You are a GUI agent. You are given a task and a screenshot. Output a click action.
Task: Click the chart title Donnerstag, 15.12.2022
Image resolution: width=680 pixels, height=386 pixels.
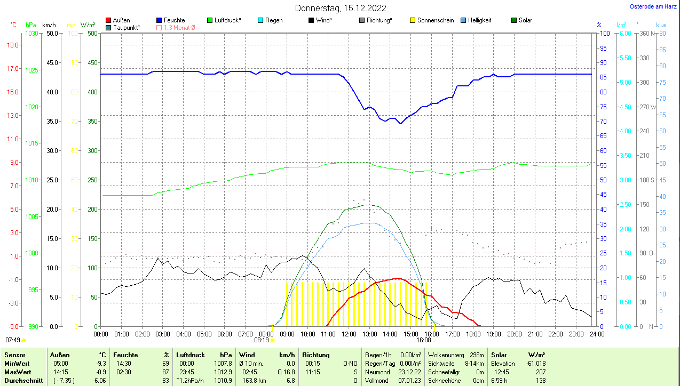click(x=341, y=8)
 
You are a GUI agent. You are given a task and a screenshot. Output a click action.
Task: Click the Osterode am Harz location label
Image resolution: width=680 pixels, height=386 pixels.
click(x=653, y=7)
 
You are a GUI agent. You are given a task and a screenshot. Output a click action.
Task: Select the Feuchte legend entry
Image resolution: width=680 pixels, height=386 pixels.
click(x=174, y=20)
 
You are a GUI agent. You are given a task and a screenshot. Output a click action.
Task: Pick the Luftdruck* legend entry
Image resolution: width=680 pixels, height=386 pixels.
click(x=227, y=20)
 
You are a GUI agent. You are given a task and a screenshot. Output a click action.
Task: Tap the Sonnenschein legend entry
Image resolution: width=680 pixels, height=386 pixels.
click(x=436, y=20)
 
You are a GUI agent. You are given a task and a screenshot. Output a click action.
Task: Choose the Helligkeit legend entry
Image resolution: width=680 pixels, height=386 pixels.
click(x=479, y=20)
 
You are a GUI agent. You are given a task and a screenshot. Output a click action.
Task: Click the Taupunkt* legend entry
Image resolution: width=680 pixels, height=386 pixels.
click(x=126, y=27)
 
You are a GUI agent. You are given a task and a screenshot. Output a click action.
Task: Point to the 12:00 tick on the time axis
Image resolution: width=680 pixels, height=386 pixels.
click(x=349, y=334)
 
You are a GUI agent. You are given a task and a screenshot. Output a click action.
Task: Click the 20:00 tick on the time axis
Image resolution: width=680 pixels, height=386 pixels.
click(x=515, y=334)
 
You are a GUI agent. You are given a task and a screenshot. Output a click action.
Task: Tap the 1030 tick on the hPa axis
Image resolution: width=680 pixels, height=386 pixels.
click(x=32, y=34)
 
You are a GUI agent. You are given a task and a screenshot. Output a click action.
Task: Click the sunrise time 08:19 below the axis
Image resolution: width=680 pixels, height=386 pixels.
click(x=262, y=340)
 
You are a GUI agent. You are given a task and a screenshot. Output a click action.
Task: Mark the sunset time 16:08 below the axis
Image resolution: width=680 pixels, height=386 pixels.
click(x=424, y=340)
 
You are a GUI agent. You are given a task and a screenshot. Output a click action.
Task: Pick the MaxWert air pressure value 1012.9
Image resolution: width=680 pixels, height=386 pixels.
click(x=225, y=372)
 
